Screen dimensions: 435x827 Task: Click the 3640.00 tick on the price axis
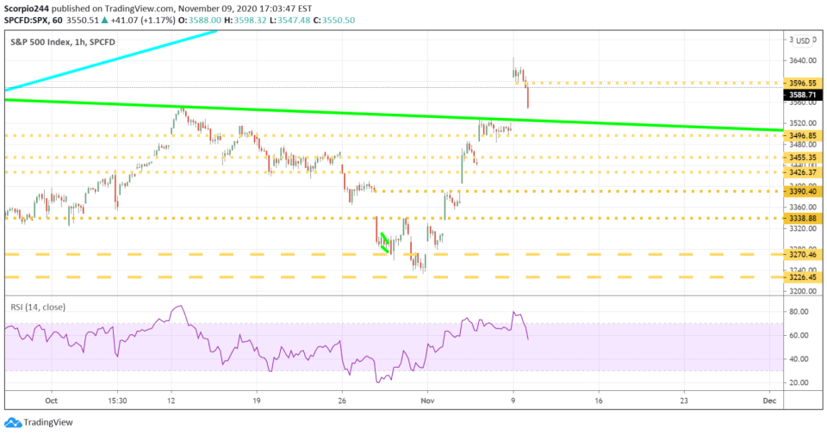(x=799, y=61)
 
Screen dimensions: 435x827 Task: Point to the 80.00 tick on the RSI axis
(x=799, y=311)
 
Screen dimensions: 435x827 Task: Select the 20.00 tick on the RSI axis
(x=799, y=382)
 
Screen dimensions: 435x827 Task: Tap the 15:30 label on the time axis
(x=119, y=401)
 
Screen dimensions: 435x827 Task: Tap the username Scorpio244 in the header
(x=28, y=9)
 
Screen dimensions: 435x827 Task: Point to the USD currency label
(x=801, y=40)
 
